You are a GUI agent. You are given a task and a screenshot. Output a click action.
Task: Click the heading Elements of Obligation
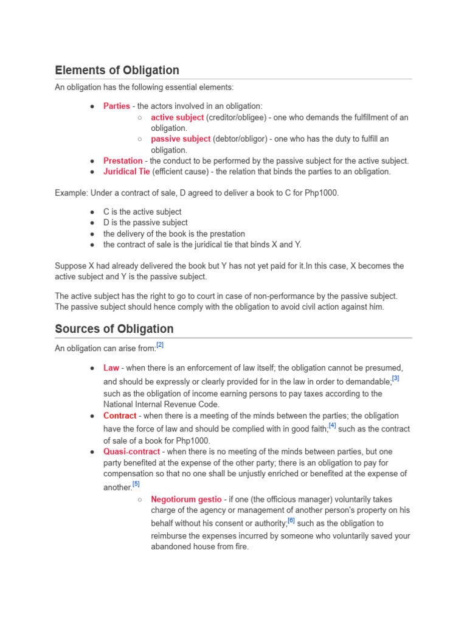[117, 70]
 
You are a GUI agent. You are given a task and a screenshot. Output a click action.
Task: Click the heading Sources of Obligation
[114, 329]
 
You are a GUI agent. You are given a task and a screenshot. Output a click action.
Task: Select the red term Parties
[117, 106]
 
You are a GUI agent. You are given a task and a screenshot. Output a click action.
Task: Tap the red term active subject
[178, 117]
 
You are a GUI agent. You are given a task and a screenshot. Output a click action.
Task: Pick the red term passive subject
[181, 139]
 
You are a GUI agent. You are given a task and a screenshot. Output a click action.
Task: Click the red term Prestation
[123, 161]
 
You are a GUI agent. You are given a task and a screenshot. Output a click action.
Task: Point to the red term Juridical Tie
[126, 172]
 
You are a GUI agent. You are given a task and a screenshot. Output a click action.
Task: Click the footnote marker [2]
[160, 345]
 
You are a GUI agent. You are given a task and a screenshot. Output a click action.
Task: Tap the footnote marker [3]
[395, 378]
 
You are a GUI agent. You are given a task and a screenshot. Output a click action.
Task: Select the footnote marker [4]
[332, 426]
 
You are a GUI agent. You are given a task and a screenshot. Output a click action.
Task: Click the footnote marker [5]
[136, 484]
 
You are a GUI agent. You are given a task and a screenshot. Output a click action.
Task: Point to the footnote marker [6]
[291, 520]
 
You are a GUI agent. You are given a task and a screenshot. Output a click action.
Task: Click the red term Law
[111, 368]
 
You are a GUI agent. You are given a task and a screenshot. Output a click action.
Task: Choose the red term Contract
[120, 416]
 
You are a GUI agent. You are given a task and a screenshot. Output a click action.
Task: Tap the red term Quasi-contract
[131, 452]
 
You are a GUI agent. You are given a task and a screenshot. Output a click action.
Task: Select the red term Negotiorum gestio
[186, 499]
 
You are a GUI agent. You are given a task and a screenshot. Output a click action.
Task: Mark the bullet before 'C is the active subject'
[92, 212]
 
